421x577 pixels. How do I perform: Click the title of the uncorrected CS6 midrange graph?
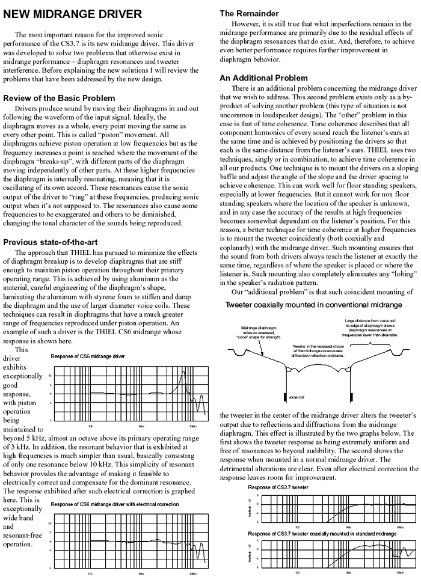pos(88,356)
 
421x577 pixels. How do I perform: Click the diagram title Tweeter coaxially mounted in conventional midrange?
pos(313,305)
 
